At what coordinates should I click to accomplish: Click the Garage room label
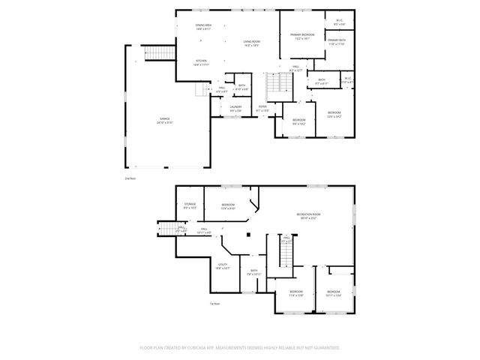coord(165,119)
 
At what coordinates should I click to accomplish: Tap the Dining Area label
coord(203,26)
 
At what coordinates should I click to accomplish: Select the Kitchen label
coord(201,61)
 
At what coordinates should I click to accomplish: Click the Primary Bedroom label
coord(302,34)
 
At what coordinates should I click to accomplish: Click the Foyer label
coord(262,106)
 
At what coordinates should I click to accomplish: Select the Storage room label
coord(190,205)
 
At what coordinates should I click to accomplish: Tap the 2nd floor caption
coord(129,178)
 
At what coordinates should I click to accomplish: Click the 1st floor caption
coord(214,304)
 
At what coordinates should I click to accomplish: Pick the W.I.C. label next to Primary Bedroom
coord(338,20)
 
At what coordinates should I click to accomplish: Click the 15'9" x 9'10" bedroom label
coord(228,205)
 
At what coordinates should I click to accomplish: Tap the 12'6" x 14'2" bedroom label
coord(334,115)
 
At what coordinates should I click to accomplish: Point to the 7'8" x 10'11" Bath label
coord(253,271)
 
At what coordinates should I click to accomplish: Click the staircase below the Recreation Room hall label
coord(286,256)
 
